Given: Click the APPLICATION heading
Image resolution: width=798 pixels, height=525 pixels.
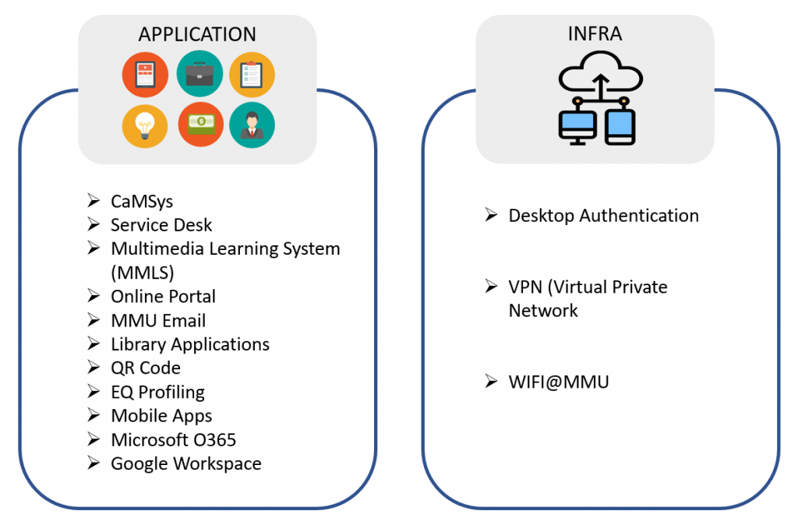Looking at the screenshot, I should [x=197, y=35].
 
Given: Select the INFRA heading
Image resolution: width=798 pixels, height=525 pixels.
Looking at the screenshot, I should [x=595, y=35].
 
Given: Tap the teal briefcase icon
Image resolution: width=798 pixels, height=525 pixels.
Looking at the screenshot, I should [x=199, y=74].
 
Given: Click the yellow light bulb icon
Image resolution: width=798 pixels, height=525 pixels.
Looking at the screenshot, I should [x=145, y=125].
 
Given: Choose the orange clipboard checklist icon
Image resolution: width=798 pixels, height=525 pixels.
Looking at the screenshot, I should [x=252, y=74].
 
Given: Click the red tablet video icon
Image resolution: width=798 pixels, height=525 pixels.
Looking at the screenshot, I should [x=145, y=74].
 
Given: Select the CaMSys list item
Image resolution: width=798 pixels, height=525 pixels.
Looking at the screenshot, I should [x=142, y=202].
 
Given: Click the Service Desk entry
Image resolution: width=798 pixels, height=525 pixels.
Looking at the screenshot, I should [x=161, y=225].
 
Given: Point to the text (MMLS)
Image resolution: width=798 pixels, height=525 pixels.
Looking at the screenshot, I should [x=143, y=273].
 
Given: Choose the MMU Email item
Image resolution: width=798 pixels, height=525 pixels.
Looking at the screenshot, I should [x=158, y=321].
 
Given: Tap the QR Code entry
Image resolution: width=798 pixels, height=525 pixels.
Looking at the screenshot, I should [x=146, y=368].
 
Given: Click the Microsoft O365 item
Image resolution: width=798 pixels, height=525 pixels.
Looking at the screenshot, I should [x=174, y=440].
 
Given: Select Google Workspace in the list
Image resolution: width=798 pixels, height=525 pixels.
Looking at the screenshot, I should [x=186, y=464].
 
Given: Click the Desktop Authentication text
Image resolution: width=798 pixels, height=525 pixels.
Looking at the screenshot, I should [x=603, y=216].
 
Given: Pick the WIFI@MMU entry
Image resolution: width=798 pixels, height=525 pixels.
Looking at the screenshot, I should [x=558, y=382].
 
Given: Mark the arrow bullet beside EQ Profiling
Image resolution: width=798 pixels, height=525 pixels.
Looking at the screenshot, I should [x=94, y=392].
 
